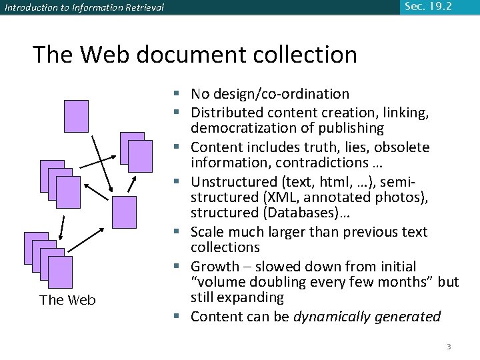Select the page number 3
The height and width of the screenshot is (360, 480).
pos(449,347)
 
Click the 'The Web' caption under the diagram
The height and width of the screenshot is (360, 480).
pos(67,300)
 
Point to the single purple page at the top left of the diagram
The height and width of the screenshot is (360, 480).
pos(76,116)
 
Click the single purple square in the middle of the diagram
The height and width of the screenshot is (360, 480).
pos(125,212)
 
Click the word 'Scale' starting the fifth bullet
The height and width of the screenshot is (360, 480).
pos(207,232)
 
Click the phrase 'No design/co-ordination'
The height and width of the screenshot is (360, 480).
pos(269,94)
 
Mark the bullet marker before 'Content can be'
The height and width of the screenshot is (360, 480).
pos(181,316)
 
